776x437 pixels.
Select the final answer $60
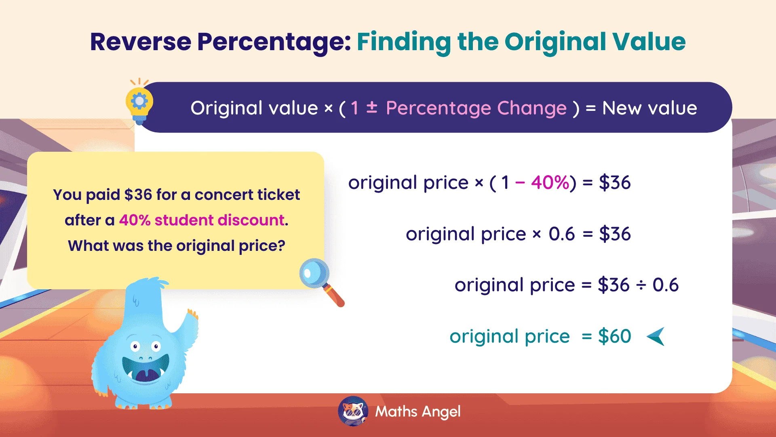pyautogui.click(x=614, y=337)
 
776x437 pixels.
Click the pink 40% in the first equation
pyautogui.click(x=550, y=183)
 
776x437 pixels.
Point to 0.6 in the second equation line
pyautogui.click(x=561, y=234)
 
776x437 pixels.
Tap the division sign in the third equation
pyautogui.click(x=641, y=286)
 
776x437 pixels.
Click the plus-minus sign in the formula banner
pyautogui.click(x=371, y=108)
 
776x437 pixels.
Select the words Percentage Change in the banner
pyautogui.click(x=476, y=108)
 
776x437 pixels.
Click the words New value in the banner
pyautogui.click(x=649, y=108)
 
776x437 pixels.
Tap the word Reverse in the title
pyautogui.click(x=140, y=42)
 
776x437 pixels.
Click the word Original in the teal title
pyautogui.click(x=555, y=42)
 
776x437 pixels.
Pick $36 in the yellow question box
pyautogui.click(x=138, y=195)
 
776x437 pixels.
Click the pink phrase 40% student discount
pyautogui.click(x=202, y=221)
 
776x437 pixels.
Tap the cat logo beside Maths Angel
pyautogui.click(x=353, y=412)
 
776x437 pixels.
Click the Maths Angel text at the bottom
pyautogui.click(x=418, y=412)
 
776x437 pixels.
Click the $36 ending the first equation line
pyautogui.click(x=614, y=183)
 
